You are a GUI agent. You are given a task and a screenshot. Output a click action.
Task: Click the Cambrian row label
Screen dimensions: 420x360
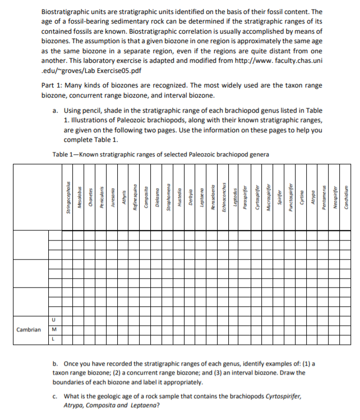pos(29,329)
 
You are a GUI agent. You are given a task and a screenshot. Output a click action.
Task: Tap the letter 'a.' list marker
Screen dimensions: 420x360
pos(56,111)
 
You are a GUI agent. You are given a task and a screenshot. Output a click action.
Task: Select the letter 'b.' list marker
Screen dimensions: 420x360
pos(56,363)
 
